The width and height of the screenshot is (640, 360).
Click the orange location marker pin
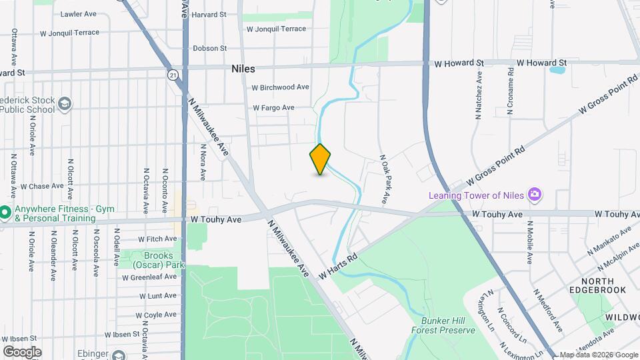tap(320, 159)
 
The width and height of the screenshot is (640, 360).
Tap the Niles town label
tap(243, 69)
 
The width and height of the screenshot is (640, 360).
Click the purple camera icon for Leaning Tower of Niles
tap(534, 195)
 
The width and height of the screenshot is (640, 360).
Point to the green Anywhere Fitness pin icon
tap(4, 213)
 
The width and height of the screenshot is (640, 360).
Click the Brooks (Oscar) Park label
tap(157, 260)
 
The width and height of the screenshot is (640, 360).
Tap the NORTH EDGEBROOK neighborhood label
tap(597, 285)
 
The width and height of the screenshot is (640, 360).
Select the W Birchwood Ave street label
tap(280, 87)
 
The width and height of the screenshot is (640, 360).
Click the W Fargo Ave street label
tap(273, 107)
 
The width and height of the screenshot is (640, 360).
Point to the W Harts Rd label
tap(339, 265)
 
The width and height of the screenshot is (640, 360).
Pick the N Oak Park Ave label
tap(384, 179)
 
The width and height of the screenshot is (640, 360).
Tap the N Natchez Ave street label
tap(478, 97)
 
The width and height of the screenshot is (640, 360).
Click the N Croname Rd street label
tap(510, 91)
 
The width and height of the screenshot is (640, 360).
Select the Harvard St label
tap(209, 14)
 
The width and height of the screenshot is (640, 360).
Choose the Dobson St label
tap(209, 48)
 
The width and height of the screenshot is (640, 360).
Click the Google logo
tap(22, 352)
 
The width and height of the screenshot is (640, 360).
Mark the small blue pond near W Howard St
tap(557, 69)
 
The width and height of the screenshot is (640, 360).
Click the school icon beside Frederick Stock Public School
tap(65, 104)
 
